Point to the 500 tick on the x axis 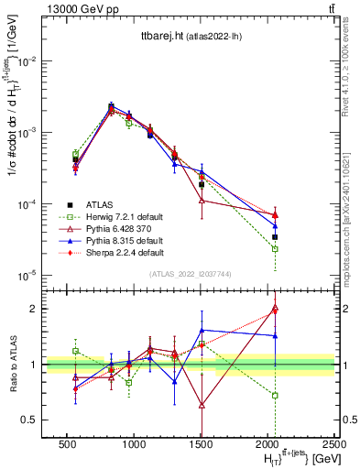point(67,443)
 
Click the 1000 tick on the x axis point(134,443)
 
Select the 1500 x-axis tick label point(201,443)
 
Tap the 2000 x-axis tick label point(267,443)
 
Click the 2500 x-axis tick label point(334,443)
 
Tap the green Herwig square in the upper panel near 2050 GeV point(275,249)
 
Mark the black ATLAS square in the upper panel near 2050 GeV point(275,236)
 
